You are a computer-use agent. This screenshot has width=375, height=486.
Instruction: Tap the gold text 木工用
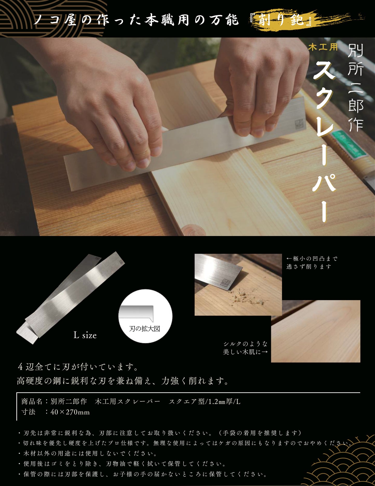(323, 47)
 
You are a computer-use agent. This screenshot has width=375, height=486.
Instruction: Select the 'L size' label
(85, 335)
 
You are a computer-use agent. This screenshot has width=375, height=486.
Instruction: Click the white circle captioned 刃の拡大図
(145, 316)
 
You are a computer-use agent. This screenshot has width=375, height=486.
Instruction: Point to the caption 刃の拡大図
(145, 329)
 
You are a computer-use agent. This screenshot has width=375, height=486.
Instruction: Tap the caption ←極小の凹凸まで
(312, 259)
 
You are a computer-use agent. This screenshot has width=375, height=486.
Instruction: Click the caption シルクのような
(245, 344)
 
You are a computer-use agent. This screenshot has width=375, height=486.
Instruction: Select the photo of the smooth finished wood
(316, 331)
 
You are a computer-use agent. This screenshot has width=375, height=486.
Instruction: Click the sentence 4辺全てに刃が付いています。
(78, 367)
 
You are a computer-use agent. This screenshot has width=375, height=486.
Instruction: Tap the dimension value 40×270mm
(70, 412)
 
